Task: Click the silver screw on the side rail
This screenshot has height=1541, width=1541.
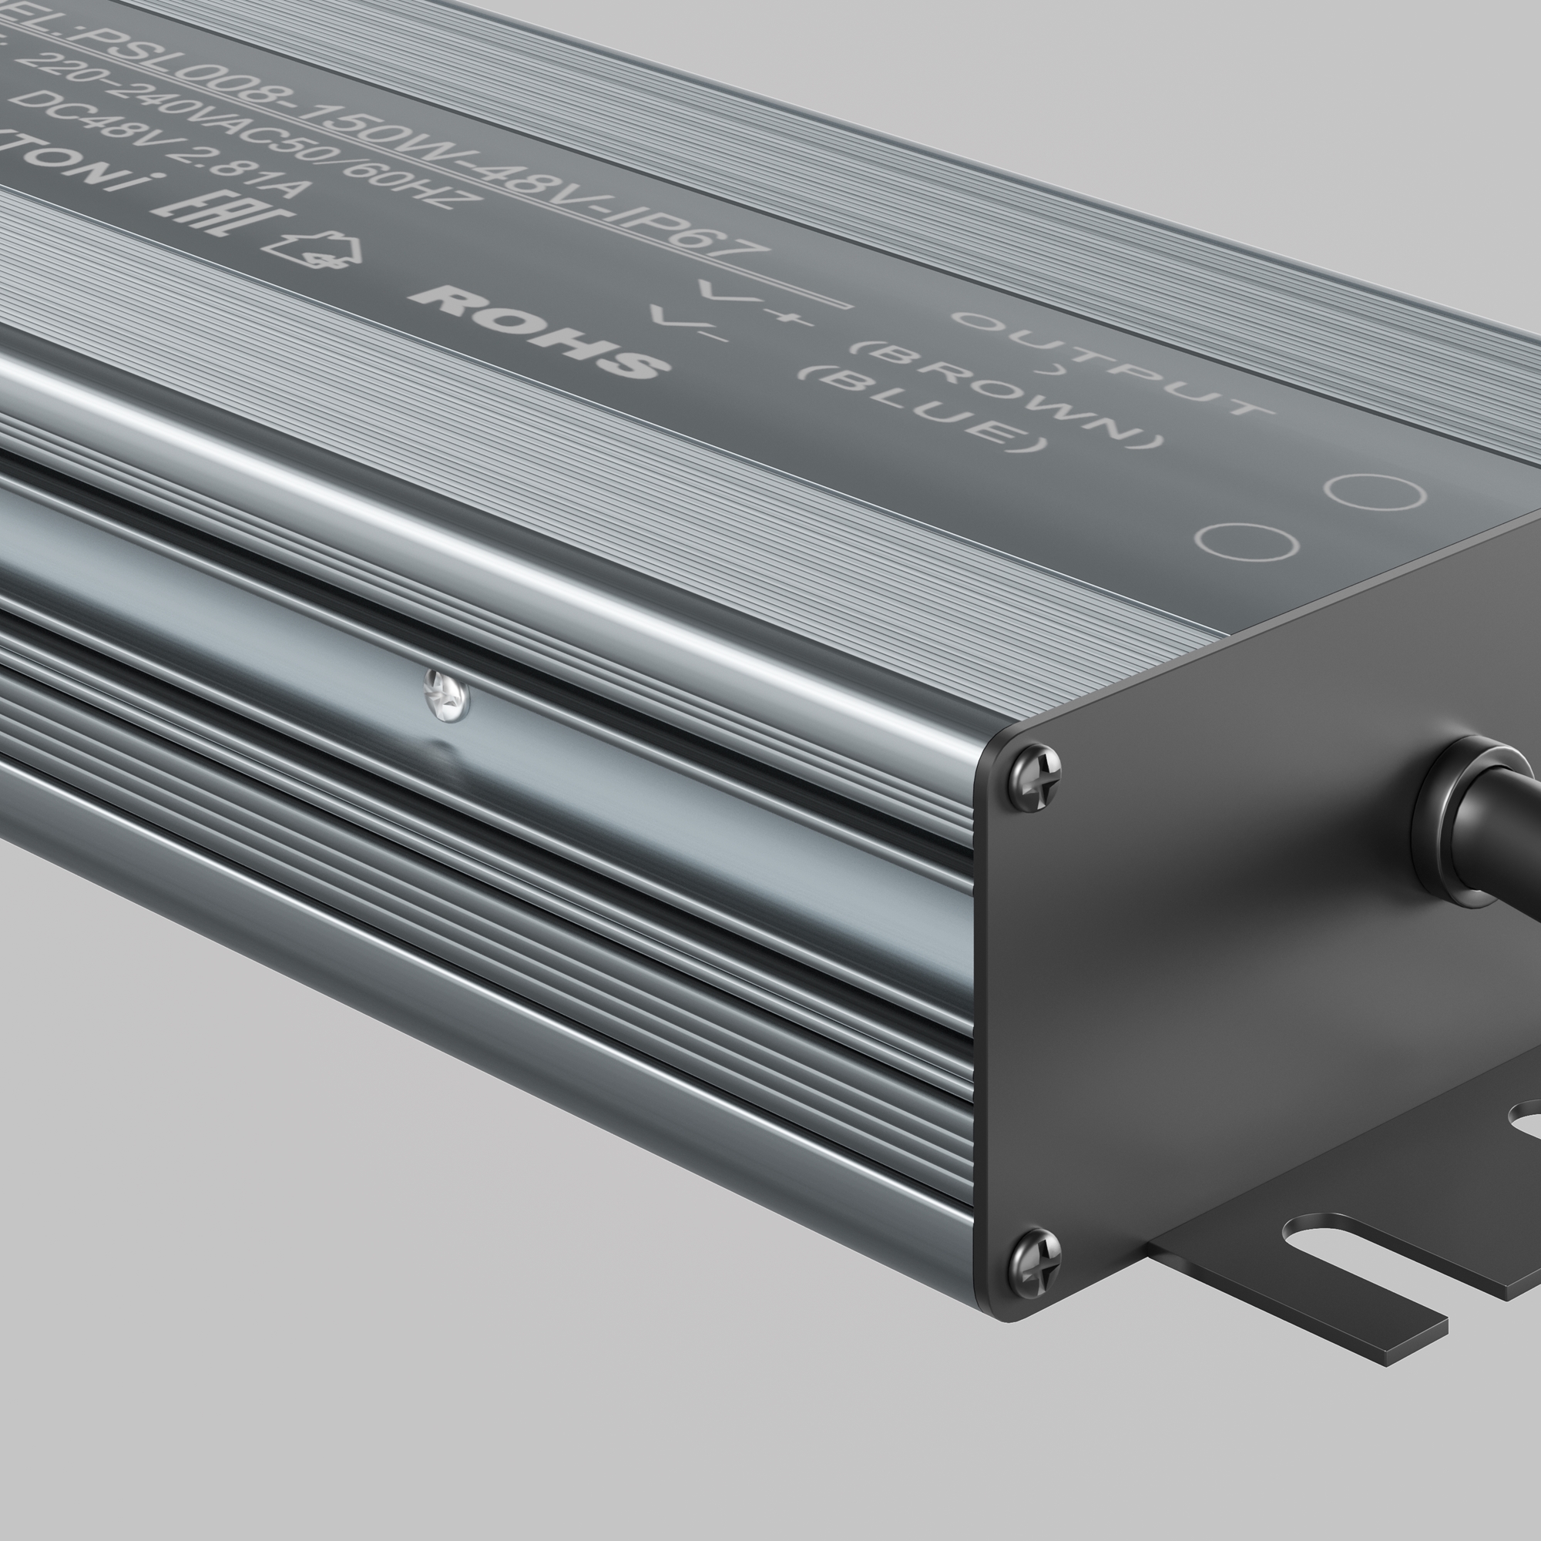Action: pos(446,695)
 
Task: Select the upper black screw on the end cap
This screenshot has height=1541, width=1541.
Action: pos(1035,776)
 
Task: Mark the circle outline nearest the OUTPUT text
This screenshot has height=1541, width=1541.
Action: pos(1375,491)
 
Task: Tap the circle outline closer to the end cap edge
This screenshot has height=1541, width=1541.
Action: pos(1247,542)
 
